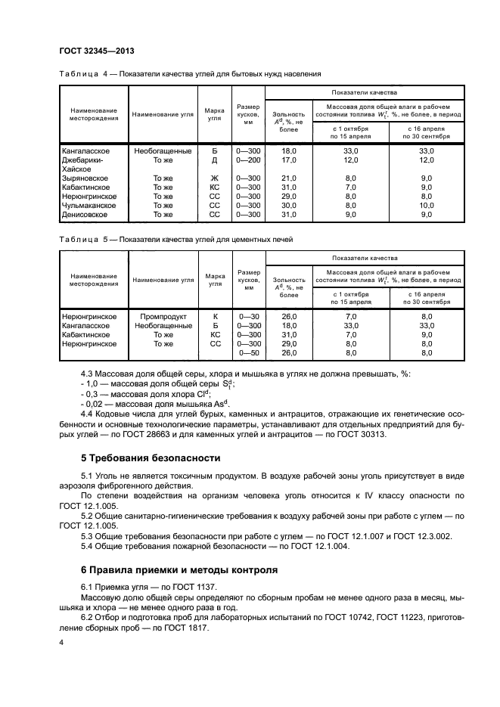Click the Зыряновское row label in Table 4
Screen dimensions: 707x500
pos(86,178)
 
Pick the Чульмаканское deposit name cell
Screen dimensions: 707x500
pos(89,205)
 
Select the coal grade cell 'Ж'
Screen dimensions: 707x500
pos(214,178)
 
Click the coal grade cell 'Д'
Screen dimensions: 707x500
pos(214,160)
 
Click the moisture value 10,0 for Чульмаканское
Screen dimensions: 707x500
pos(427,205)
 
